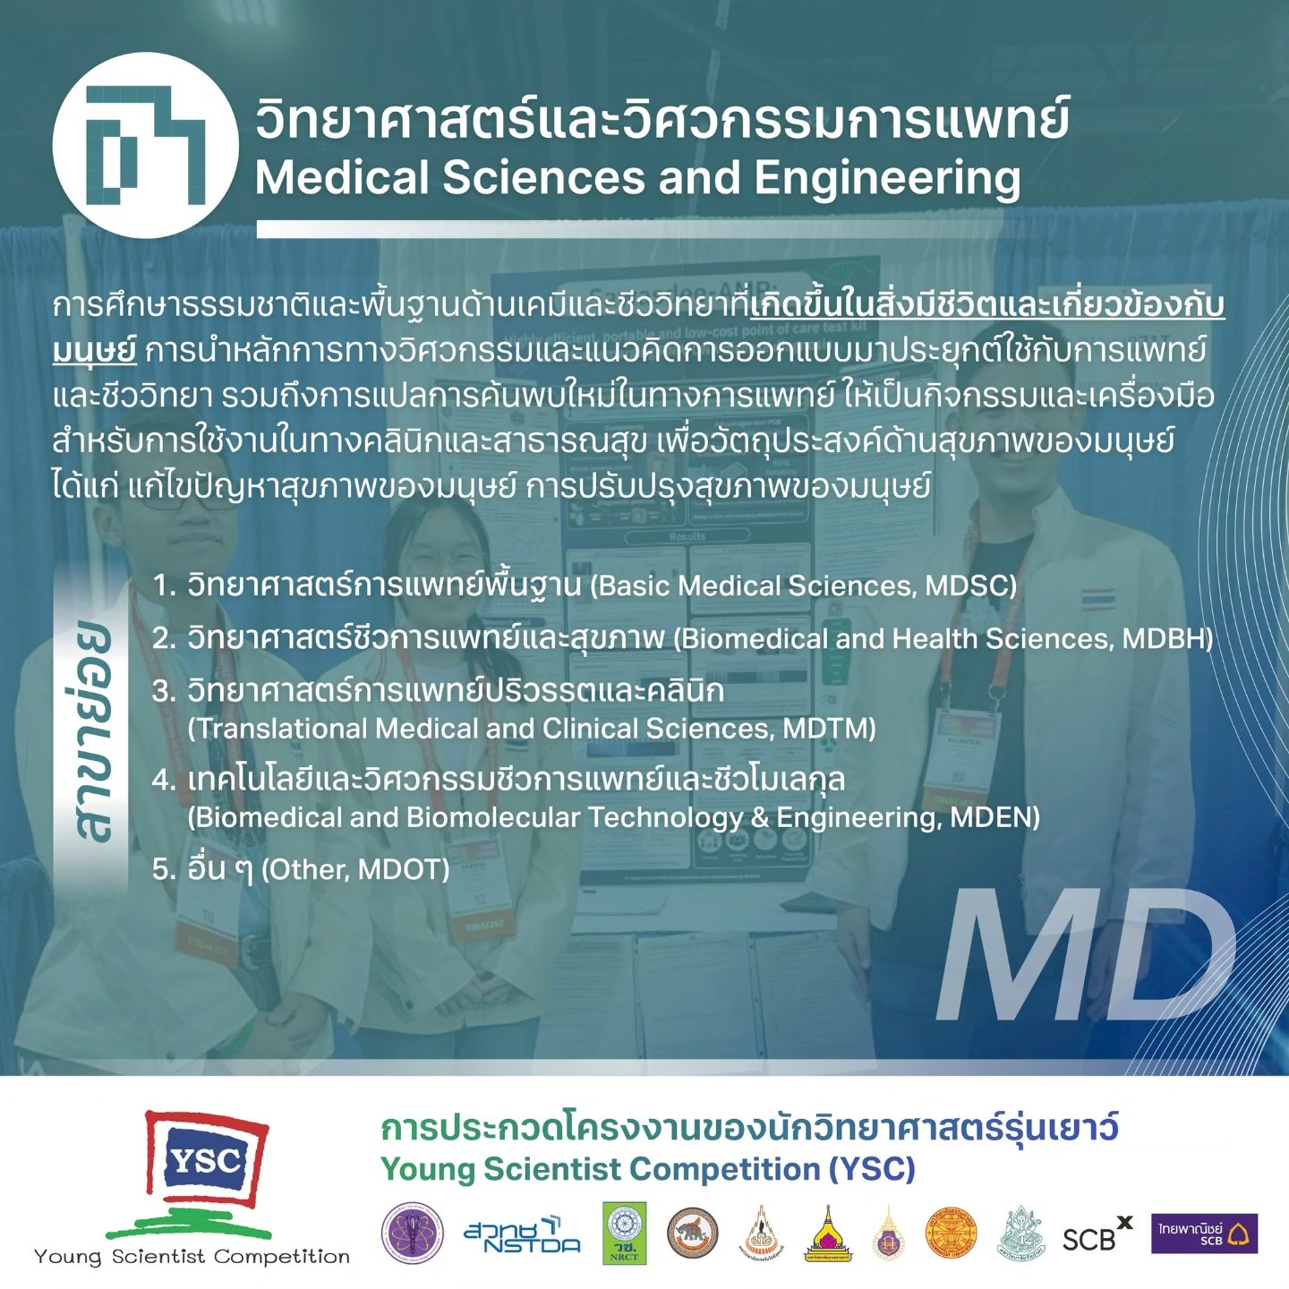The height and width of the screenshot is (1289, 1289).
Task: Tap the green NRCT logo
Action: tap(624, 1233)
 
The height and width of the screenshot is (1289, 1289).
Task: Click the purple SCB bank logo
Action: tap(1204, 1234)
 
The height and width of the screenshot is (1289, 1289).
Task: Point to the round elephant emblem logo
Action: tap(692, 1233)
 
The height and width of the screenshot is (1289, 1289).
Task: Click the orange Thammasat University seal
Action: tap(951, 1233)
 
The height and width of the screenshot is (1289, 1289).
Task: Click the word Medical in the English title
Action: tap(342, 178)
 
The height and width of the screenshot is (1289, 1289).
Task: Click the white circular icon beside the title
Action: tap(145, 145)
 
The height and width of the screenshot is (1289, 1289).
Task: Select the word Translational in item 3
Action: tap(279, 729)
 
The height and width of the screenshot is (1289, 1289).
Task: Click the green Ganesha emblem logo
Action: tap(1020, 1234)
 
